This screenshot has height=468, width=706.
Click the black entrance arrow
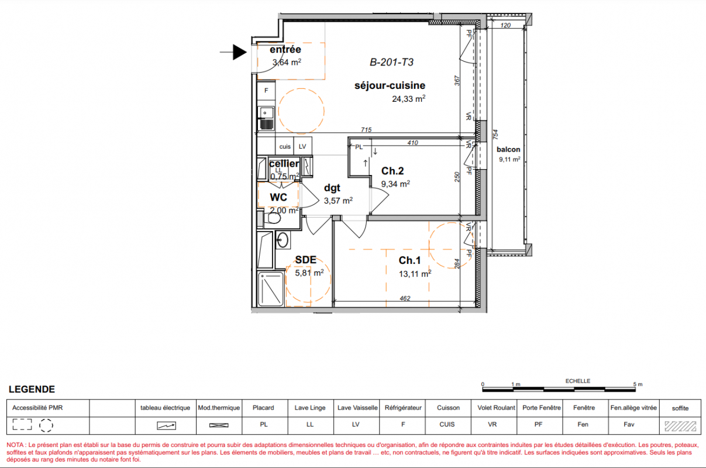click(233, 52)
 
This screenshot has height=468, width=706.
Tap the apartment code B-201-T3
click(391, 63)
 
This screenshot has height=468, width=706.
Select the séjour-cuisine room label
click(390, 85)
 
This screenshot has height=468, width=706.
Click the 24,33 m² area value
click(408, 99)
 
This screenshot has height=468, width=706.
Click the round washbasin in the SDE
click(283, 240)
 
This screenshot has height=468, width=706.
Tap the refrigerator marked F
click(266, 91)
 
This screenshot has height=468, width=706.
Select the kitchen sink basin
click(266, 112)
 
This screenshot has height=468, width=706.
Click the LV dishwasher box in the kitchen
click(303, 146)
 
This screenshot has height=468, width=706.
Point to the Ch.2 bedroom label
click(392, 171)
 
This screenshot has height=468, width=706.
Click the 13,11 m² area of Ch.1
click(415, 274)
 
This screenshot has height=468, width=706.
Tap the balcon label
click(508, 149)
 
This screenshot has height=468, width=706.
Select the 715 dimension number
click(366, 129)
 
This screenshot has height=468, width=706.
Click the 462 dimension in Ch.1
click(405, 298)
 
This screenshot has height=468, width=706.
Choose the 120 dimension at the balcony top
click(505, 26)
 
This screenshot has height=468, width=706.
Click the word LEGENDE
click(32, 389)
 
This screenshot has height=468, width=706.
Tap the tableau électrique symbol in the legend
click(166, 426)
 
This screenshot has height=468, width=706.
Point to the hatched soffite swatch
click(680, 426)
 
